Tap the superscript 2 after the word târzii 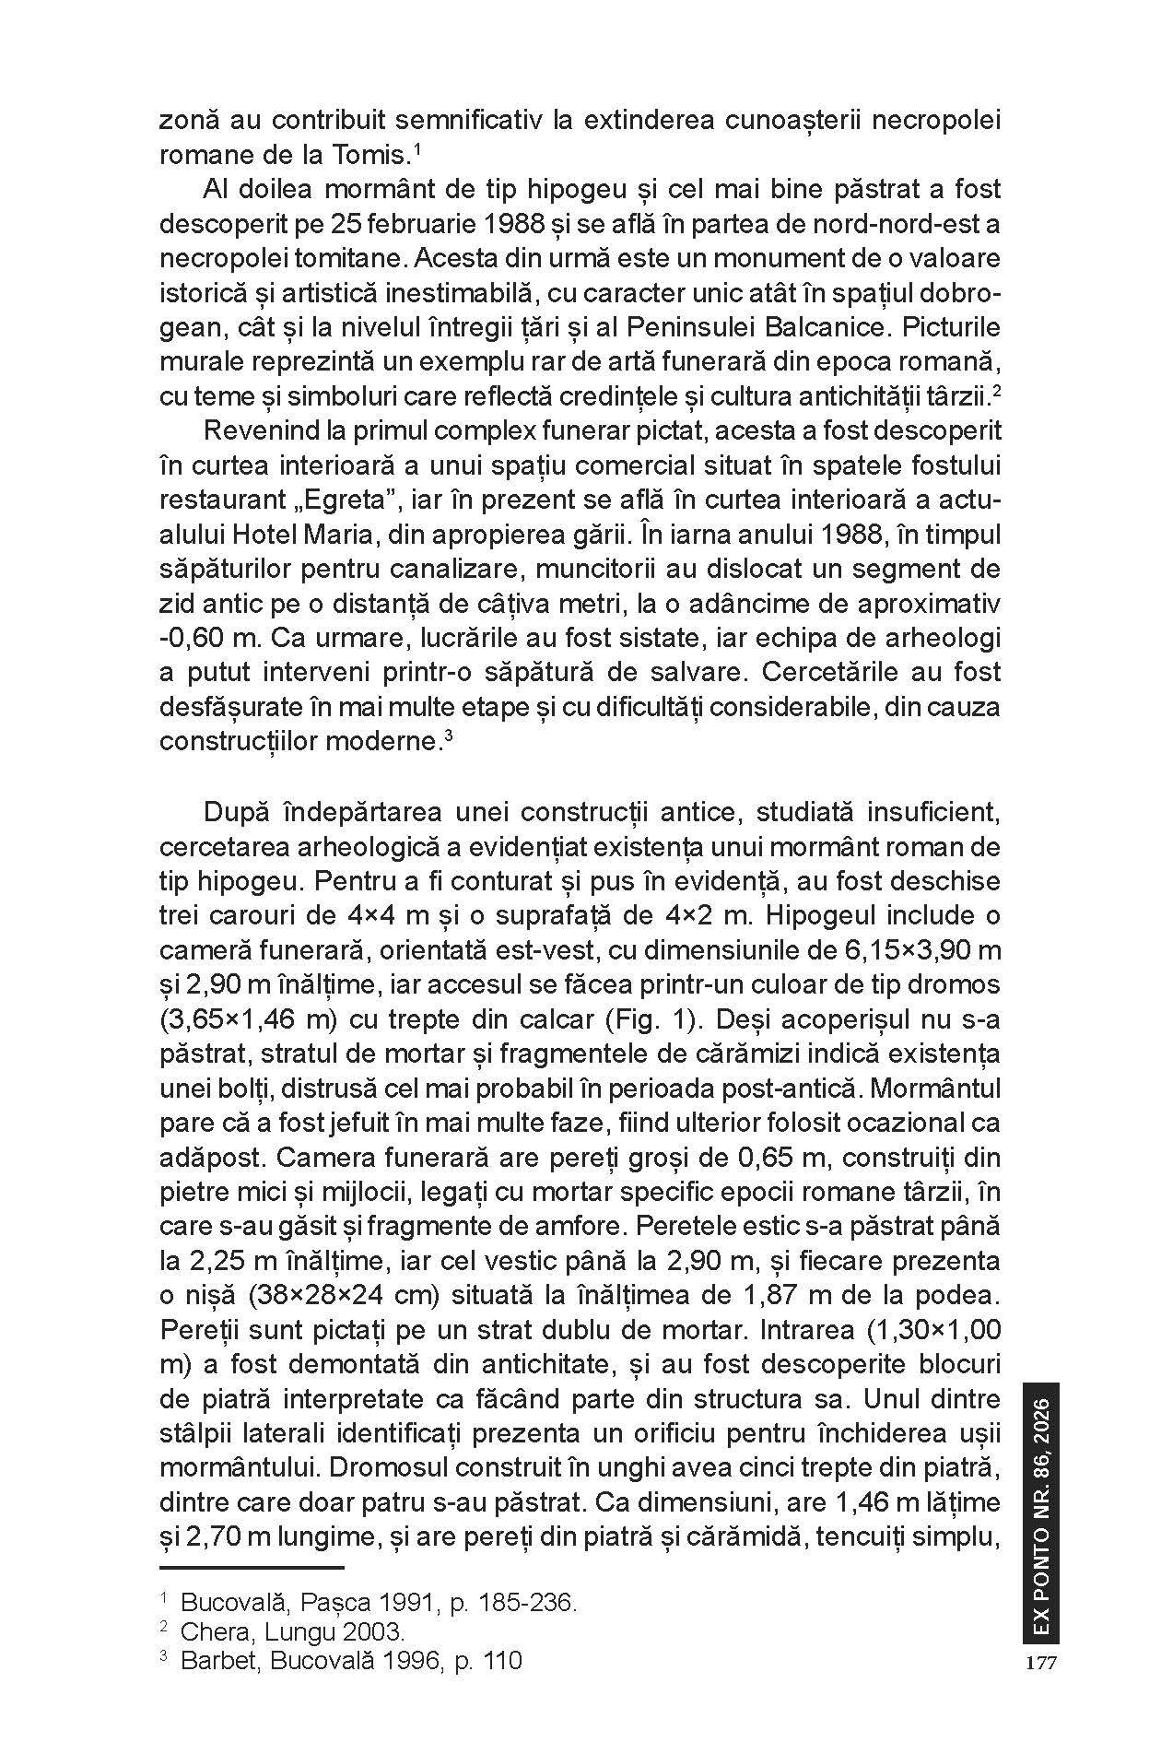click(996, 390)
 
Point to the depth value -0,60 click(191, 639)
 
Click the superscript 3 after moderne click(448, 735)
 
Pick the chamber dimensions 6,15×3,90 click(909, 950)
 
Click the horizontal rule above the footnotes click(252, 1567)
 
